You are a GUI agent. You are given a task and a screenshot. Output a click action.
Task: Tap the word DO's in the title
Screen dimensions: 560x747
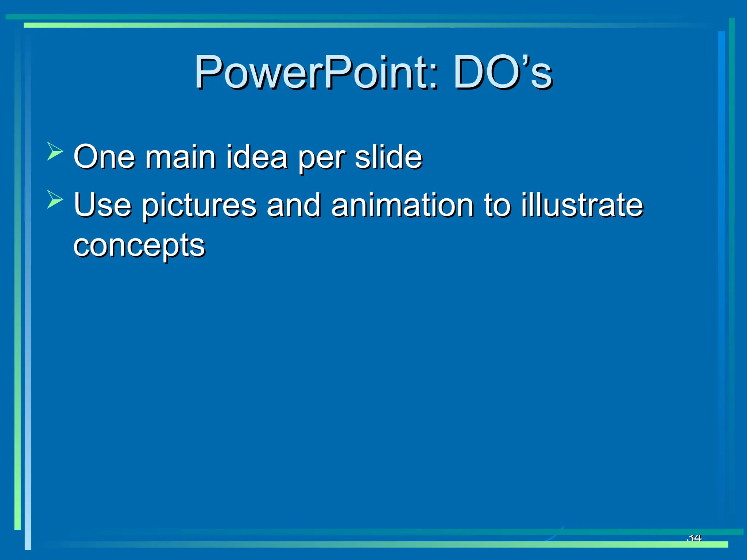click(503, 72)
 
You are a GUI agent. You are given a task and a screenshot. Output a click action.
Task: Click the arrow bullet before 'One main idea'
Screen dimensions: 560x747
click(55, 151)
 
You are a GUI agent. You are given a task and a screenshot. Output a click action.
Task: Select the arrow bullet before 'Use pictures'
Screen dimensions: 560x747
click(55, 199)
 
